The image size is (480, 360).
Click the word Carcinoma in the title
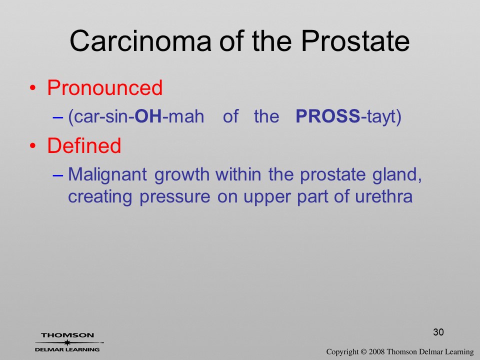point(140,40)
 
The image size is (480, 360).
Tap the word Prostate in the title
point(355,40)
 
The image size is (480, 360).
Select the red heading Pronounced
point(104,88)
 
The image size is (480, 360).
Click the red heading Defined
point(84,145)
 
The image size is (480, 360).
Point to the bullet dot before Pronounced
point(33,88)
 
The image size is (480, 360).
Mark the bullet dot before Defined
point(33,145)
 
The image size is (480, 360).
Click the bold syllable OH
point(148,116)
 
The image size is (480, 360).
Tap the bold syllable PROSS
point(328,116)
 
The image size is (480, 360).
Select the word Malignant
point(107,175)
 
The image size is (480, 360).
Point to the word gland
point(397,175)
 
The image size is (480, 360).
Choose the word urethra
point(384,196)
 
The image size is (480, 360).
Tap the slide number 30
point(438,332)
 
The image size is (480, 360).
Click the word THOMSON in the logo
point(67,335)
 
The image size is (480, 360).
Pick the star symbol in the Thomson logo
point(67,342)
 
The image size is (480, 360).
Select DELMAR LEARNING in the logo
point(67,349)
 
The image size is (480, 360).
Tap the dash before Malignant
point(58,175)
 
